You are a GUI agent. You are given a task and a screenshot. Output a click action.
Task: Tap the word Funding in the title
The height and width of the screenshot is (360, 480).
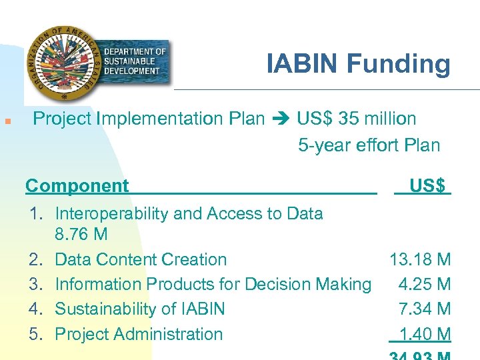398,64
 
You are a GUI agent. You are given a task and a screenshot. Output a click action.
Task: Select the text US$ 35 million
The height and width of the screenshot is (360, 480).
357,119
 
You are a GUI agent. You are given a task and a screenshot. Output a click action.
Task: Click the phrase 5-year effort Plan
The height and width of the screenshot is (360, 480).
369,145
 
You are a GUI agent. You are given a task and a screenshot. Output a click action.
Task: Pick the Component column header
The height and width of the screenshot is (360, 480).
77,186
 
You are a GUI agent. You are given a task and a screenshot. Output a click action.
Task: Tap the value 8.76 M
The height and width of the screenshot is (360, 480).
81,235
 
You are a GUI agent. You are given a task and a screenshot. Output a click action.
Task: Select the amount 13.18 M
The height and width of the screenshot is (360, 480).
420,259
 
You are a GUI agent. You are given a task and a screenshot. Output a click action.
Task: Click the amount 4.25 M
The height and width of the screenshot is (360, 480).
424,284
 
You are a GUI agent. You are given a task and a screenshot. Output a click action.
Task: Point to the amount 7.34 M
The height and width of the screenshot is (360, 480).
424,309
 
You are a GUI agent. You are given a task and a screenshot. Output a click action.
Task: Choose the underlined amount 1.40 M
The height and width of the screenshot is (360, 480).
424,334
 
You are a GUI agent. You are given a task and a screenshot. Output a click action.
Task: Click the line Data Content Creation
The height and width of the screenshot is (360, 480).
141,259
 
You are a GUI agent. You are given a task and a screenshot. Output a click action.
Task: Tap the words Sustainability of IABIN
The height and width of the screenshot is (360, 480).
140,309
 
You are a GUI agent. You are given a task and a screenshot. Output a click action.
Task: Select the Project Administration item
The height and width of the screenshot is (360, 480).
139,334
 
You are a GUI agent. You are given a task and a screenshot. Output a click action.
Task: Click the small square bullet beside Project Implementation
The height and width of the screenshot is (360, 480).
6,121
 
